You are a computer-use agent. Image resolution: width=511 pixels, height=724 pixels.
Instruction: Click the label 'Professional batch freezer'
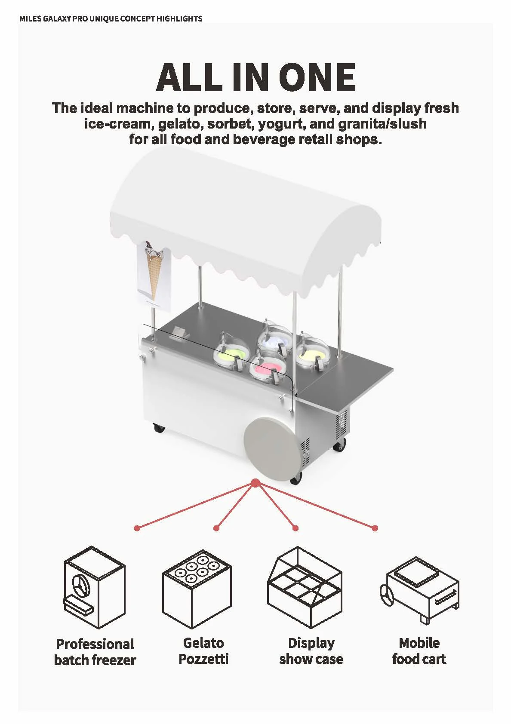[x=95, y=652]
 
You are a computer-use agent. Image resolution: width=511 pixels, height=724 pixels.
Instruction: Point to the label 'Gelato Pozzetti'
[x=203, y=651]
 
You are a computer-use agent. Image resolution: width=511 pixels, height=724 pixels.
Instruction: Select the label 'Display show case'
[x=311, y=651]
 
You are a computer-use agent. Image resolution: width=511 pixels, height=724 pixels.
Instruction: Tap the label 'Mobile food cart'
[x=419, y=651]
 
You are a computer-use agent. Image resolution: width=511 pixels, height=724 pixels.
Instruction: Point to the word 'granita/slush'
[x=382, y=124]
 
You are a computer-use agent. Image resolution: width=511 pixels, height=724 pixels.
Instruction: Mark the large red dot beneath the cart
[x=255, y=483]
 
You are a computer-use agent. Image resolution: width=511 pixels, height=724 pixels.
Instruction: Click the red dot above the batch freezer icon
[x=137, y=528]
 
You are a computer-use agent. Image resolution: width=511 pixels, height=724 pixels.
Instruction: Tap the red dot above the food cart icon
[x=375, y=528]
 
